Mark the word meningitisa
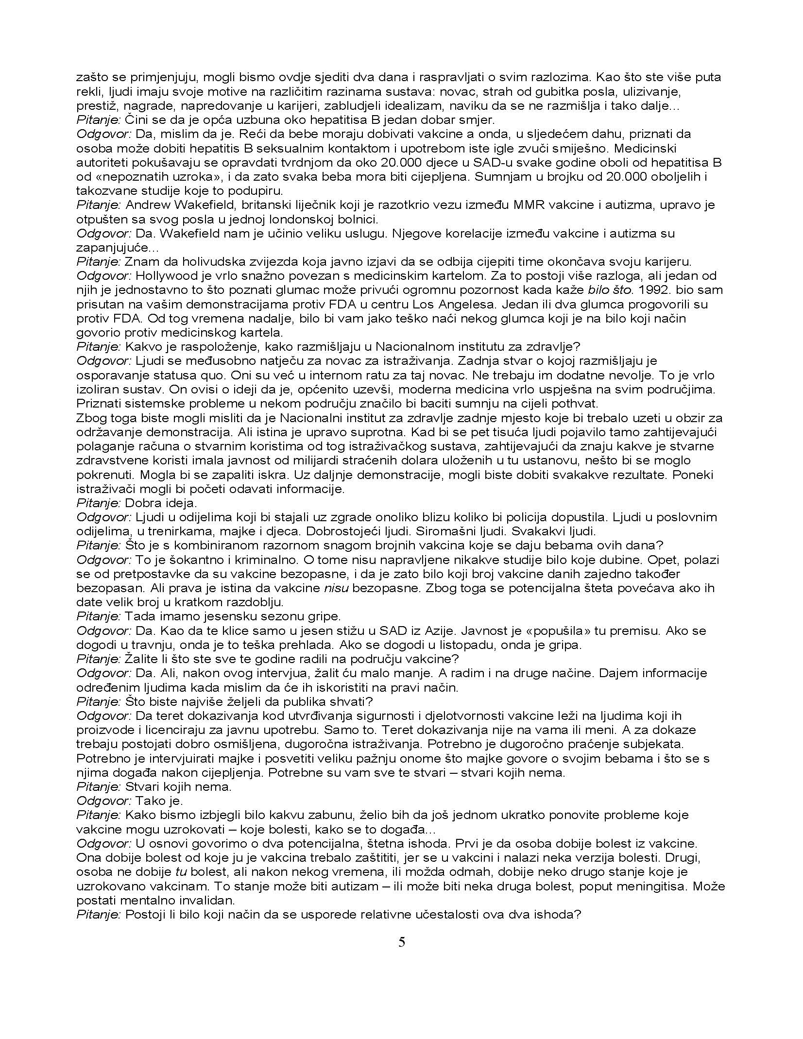pyautogui.click(x=647, y=886)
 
